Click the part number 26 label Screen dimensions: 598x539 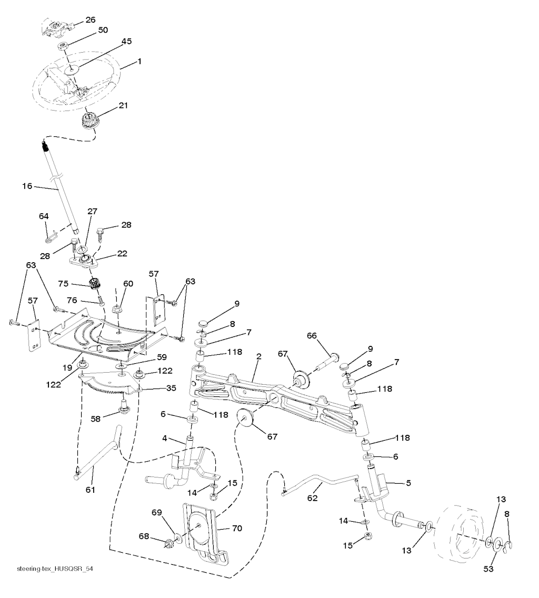click(91, 20)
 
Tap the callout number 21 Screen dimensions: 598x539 click(123, 105)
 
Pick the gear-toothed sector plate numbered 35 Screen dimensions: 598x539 click(111, 383)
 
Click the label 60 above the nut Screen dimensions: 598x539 click(128, 283)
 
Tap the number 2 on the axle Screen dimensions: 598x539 click(258, 356)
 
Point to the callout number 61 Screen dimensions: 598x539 click(91, 490)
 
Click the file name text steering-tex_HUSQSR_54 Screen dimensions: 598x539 click(50, 569)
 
